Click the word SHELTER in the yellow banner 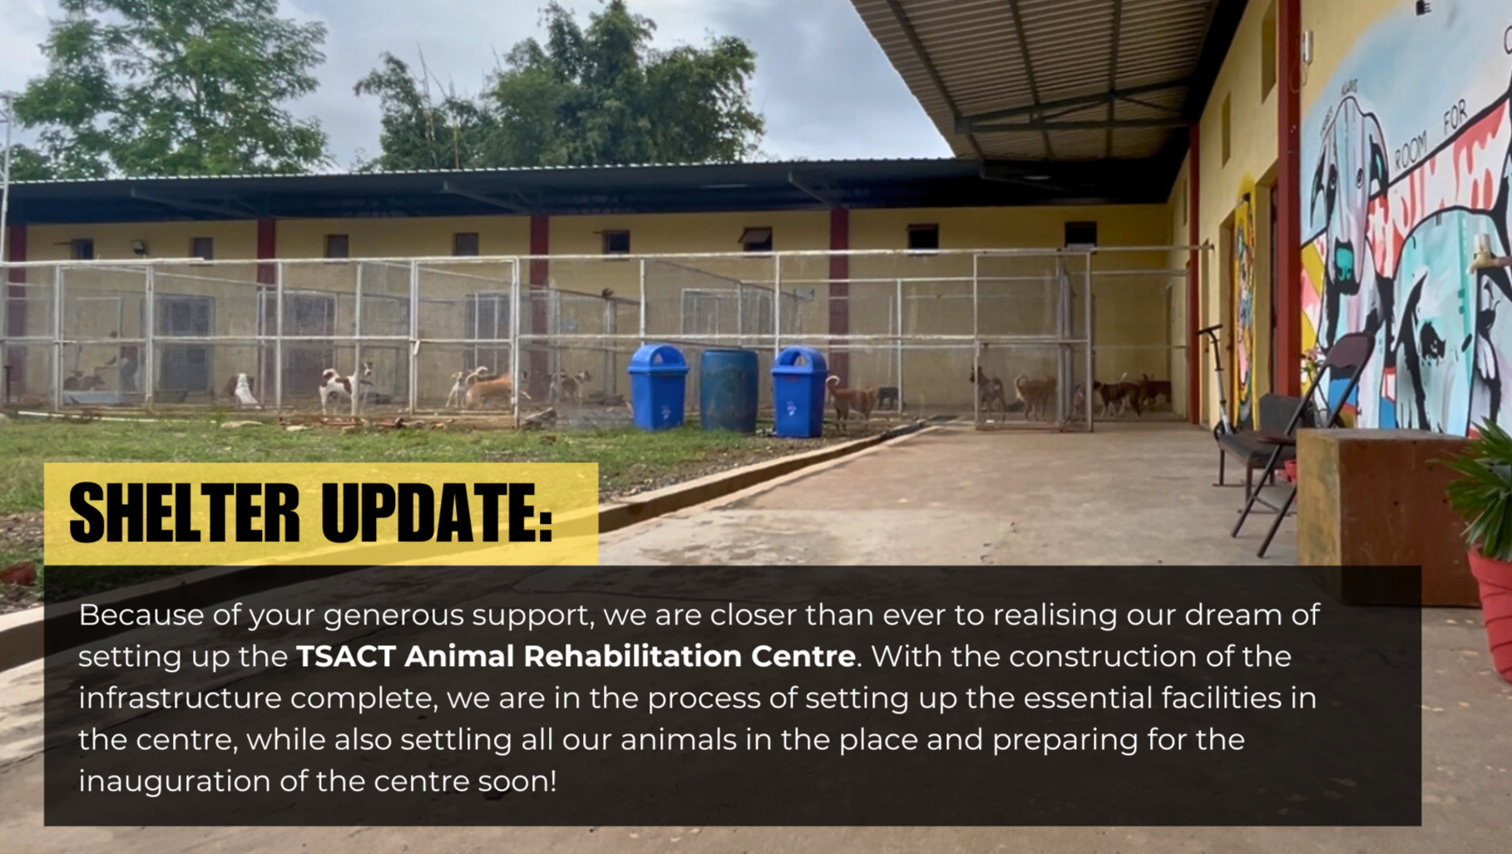(x=184, y=513)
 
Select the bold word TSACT (x=345, y=657)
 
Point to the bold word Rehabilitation (x=636, y=657)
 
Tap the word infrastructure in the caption (x=180, y=699)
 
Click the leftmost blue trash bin (x=658, y=388)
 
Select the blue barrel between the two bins (x=729, y=390)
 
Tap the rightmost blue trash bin (x=799, y=392)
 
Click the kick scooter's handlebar (x=1210, y=330)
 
